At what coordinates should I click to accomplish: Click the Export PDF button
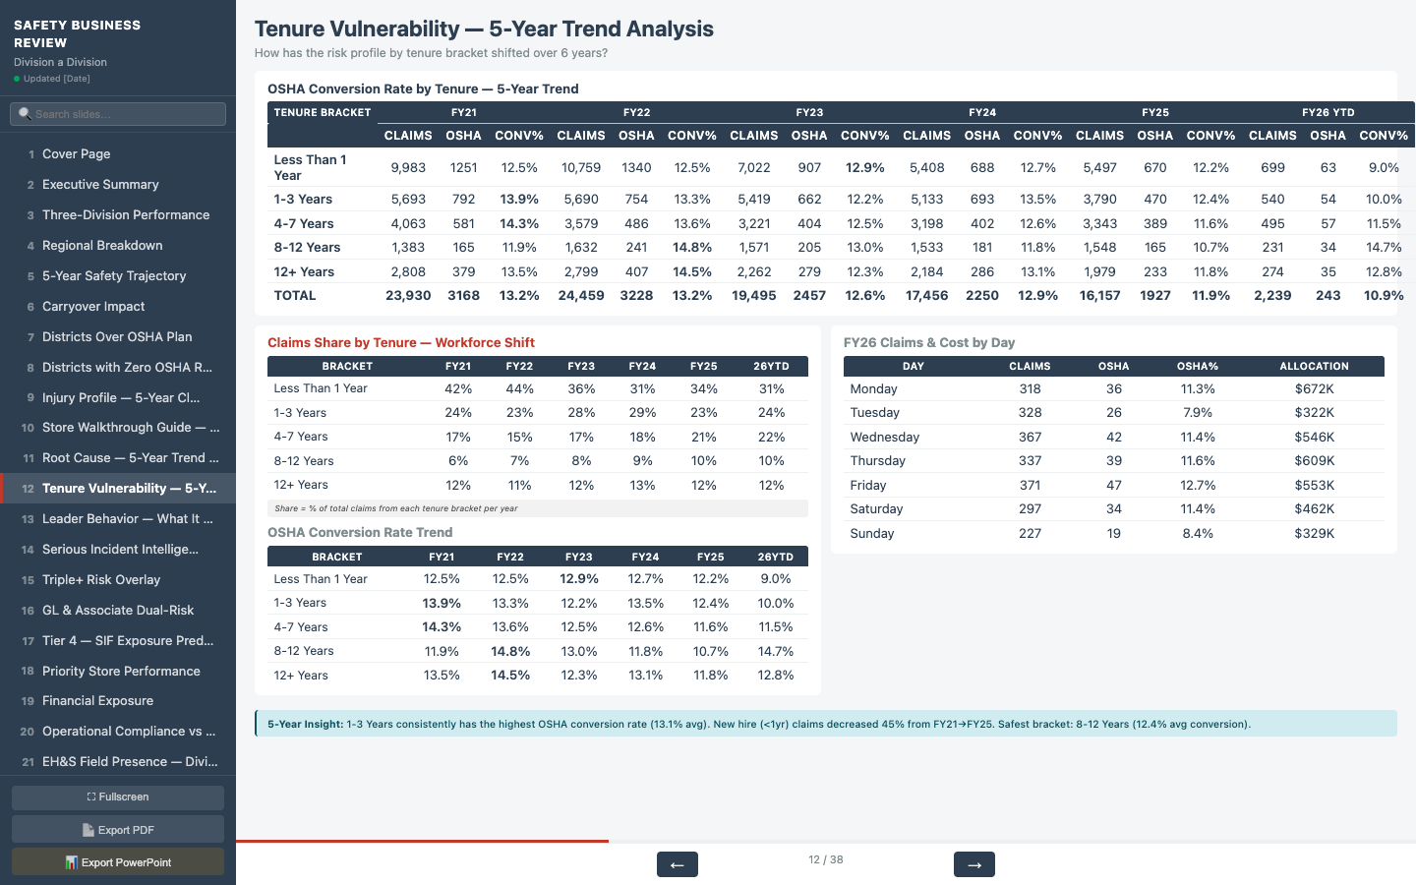click(x=118, y=830)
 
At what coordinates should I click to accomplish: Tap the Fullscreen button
click(x=118, y=797)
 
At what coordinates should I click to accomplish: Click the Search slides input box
click(x=118, y=114)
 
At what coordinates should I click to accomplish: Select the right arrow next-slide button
click(x=973, y=864)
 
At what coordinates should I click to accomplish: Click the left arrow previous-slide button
click(x=677, y=864)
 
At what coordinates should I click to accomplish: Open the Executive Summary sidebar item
click(x=100, y=185)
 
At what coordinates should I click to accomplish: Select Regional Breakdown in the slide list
click(x=102, y=246)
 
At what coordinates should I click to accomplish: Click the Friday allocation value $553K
click(x=1314, y=485)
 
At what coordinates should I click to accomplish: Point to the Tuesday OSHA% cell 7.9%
click(x=1197, y=413)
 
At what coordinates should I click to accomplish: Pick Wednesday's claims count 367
click(x=1030, y=437)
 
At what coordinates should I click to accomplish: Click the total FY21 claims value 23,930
click(x=408, y=296)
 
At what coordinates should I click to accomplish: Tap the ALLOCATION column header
click(x=1314, y=366)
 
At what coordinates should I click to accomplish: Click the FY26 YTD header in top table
click(x=1327, y=112)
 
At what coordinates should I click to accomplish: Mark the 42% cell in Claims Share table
click(x=458, y=388)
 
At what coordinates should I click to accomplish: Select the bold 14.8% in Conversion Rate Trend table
click(x=510, y=651)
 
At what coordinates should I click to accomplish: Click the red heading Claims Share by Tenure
click(x=401, y=342)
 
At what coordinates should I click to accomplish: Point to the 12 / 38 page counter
click(x=825, y=859)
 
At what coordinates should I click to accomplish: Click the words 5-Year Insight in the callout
click(x=305, y=724)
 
